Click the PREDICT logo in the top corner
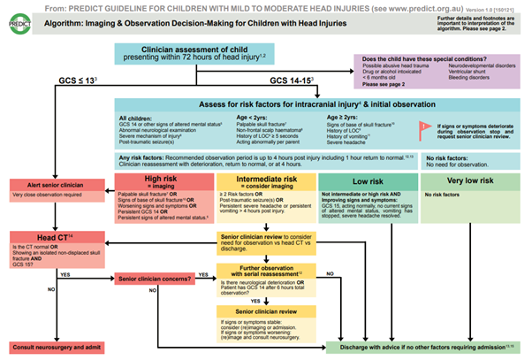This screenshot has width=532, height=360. pos(16,15)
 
